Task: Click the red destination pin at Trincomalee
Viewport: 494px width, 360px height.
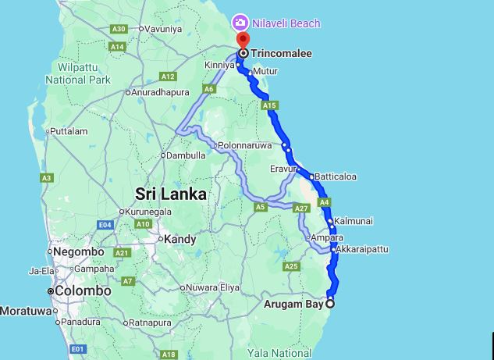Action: click(243, 40)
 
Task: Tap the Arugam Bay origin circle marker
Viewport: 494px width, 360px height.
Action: click(330, 304)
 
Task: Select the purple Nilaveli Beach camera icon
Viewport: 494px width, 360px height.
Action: click(242, 23)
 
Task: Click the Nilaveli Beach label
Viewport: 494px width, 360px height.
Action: click(286, 23)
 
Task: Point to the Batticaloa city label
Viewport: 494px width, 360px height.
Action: click(336, 176)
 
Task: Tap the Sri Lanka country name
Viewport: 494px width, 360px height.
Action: click(171, 194)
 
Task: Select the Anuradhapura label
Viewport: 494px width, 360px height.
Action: click(161, 92)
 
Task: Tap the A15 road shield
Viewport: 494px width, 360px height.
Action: click(270, 105)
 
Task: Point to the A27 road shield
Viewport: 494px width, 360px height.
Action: click(302, 209)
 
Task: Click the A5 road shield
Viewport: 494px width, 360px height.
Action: click(261, 207)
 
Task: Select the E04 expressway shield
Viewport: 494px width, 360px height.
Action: click(106, 225)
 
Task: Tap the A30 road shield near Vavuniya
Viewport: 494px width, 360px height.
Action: click(119, 29)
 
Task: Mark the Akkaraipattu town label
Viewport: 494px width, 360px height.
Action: click(361, 250)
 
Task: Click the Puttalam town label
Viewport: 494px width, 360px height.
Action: click(69, 131)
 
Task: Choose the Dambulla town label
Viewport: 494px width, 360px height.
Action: click(186, 155)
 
